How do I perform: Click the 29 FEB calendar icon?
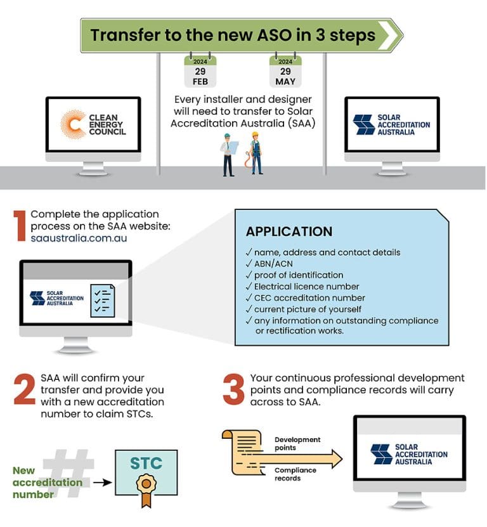coord(200,72)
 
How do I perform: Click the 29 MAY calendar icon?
coord(285,72)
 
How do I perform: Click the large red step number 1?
coord(20,227)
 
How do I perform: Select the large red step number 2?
coord(24,389)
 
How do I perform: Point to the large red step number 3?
coord(233,389)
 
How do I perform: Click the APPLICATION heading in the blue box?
coord(289,231)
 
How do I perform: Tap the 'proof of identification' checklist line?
coord(298,275)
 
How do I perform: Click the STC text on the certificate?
coord(146,463)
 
